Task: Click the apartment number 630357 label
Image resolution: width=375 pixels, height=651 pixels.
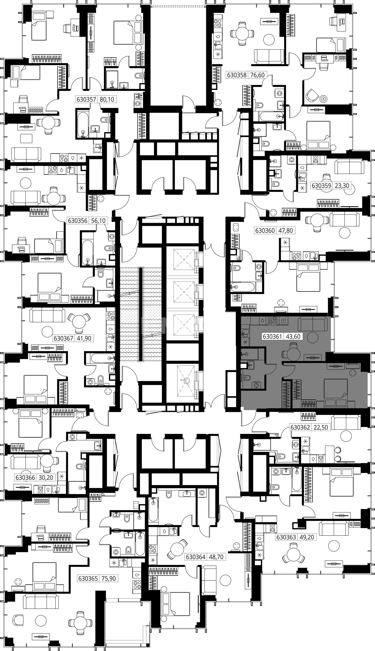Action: tap(86, 99)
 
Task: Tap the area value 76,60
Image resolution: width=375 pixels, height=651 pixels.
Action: tap(258, 75)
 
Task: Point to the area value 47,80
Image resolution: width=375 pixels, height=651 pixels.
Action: tap(286, 230)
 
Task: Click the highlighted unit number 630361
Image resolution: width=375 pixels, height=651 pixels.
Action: tap(273, 336)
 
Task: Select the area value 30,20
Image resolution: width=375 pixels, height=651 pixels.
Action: tap(46, 478)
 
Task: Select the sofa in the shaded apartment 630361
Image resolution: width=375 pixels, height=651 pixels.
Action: tap(313, 324)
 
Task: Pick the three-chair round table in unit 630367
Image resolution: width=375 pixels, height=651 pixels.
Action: tap(79, 322)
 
